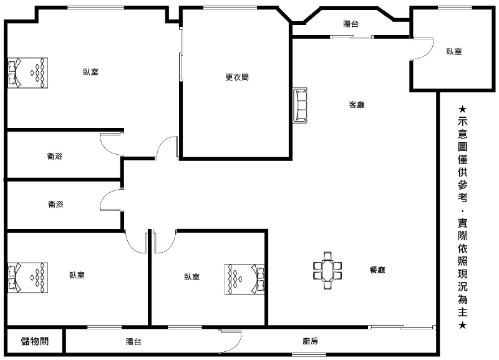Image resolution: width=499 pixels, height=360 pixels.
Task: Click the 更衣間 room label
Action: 237,77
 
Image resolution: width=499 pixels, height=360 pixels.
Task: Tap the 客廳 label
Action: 357,105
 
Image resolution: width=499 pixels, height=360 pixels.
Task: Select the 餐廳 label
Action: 377,270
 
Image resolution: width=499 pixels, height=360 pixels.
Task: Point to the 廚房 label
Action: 310,341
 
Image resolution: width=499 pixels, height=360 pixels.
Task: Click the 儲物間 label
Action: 35,341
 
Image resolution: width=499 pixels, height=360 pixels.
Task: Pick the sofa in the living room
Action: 301,105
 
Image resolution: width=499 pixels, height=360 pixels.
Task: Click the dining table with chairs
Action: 327,271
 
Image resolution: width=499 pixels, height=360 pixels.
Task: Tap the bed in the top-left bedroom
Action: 27,73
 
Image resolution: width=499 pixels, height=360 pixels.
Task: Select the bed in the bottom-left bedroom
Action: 27,278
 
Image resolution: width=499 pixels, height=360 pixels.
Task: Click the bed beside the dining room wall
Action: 245,279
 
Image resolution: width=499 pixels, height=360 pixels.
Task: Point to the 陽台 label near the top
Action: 351,24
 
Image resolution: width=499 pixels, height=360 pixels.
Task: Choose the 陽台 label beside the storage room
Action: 133,341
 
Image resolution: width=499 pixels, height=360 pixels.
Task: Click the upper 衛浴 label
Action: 55,156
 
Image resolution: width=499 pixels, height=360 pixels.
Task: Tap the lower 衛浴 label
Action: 56,204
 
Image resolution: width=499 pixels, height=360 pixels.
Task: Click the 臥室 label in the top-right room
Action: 454,51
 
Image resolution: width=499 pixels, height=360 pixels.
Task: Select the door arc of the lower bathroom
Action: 107,195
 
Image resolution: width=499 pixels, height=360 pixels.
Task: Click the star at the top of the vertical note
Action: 462,109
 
